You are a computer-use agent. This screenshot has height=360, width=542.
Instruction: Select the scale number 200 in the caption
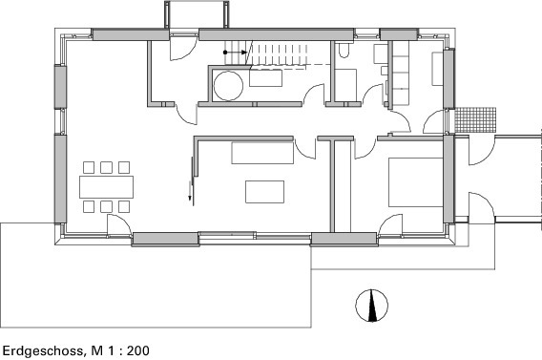[136, 350]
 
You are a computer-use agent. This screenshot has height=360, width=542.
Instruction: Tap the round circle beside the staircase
[228, 86]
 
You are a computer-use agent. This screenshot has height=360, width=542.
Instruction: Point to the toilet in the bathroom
[344, 53]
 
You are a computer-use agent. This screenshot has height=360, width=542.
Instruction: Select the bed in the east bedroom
[415, 181]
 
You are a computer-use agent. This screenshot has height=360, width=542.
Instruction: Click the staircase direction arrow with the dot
[236, 52]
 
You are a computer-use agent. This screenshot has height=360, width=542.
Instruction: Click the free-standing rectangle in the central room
[264, 191]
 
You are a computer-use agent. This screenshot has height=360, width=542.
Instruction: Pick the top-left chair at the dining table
[89, 165]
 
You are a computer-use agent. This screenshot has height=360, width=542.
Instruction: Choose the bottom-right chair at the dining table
[124, 205]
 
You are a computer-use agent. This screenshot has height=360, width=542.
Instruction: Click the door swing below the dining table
[118, 225]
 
